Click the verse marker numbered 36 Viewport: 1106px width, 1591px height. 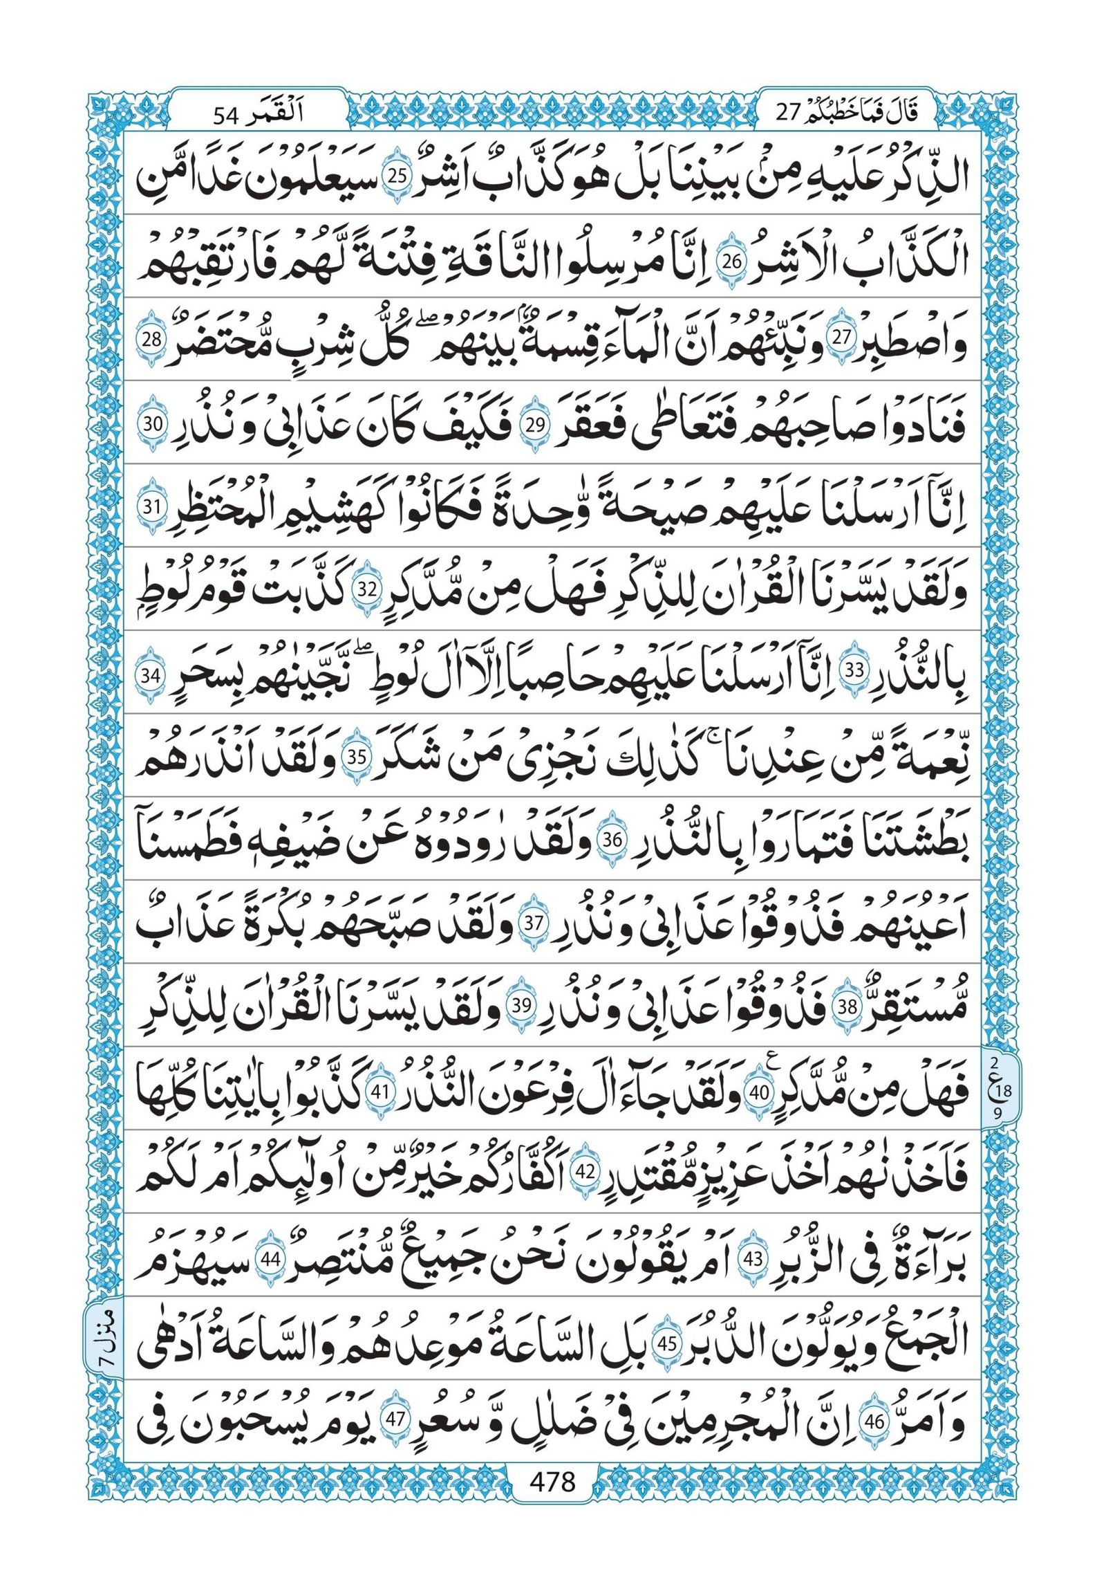click(612, 841)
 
